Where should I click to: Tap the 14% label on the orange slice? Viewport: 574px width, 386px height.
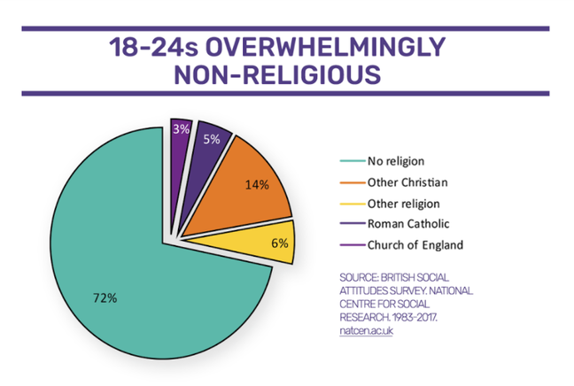click(257, 186)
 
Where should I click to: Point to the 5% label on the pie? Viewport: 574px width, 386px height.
click(211, 139)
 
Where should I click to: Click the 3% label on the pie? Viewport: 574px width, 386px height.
click(180, 130)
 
